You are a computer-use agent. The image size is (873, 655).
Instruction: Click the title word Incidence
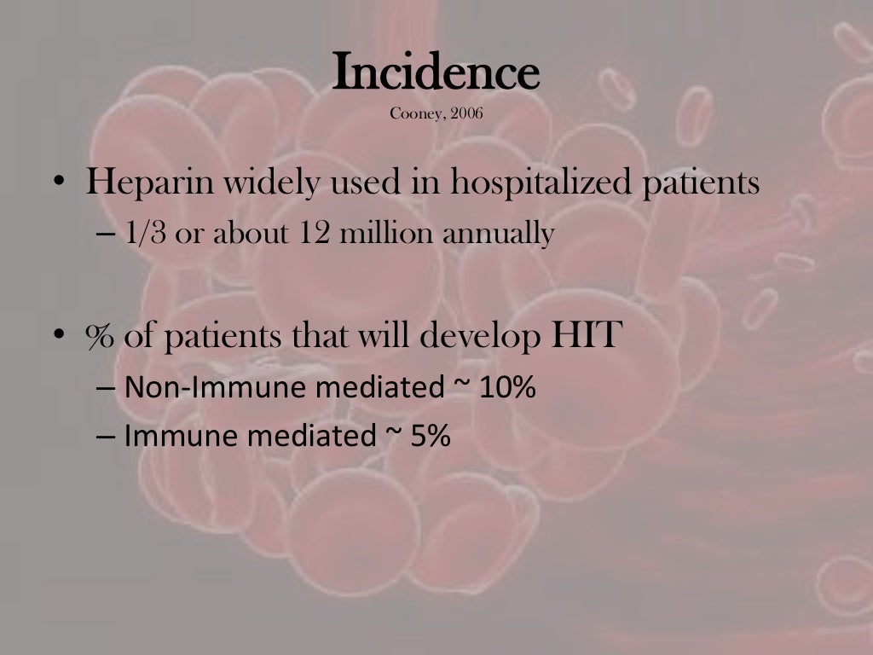pos(436,72)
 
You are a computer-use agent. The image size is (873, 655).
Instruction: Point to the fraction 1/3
pos(146,234)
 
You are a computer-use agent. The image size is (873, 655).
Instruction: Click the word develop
pos(482,336)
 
